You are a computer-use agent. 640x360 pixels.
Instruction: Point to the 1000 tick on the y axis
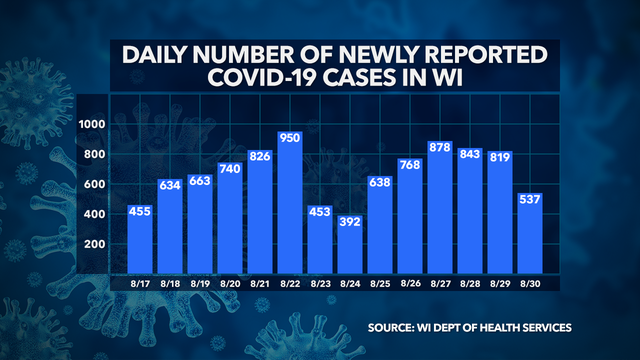93,125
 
